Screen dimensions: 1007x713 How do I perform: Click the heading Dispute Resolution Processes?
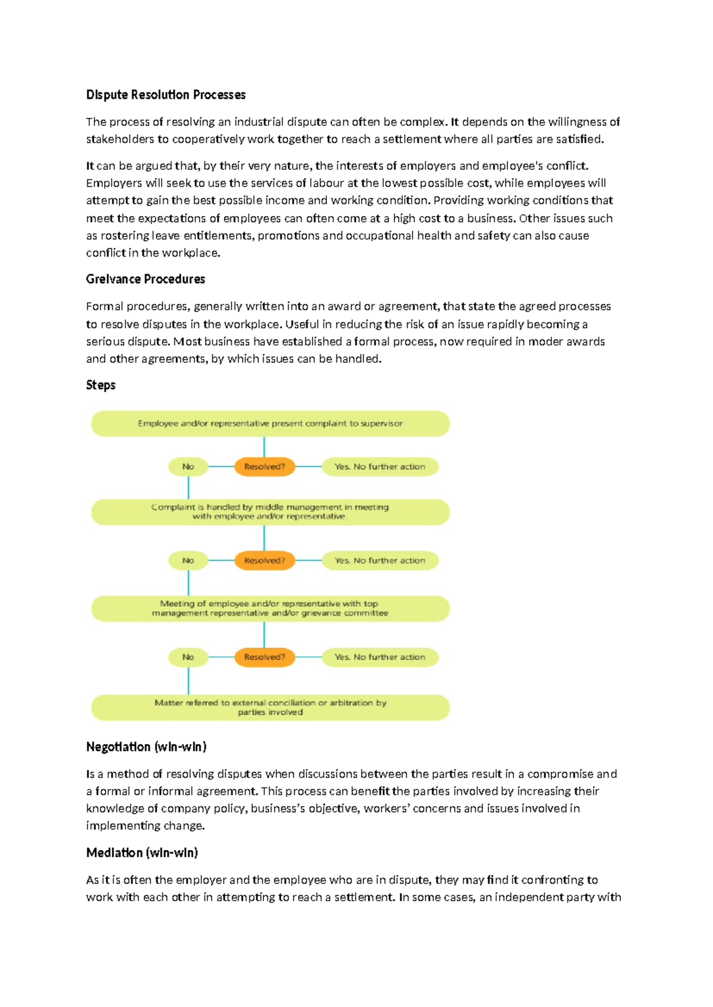(166, 95)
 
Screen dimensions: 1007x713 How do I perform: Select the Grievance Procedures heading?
(146, 279)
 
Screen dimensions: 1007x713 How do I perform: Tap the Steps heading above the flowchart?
(100, 385)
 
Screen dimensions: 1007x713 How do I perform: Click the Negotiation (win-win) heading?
(146, 747)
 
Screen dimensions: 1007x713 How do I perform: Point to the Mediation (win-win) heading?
(142, 853)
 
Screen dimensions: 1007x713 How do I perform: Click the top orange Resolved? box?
(264, 467)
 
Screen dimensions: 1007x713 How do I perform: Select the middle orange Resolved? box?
(264, 560)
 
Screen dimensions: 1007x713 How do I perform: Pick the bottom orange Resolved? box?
(264, 657)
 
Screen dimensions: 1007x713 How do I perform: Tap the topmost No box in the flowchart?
(188, 467)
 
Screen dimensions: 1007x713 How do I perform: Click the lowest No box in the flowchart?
(188, 657)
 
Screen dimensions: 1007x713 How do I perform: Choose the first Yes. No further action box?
(380, 467)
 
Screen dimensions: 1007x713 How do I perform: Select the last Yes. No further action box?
(380, 657)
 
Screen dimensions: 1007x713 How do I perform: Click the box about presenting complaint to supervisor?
(270, 424)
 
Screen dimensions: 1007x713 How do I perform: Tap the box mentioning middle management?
(270, 512)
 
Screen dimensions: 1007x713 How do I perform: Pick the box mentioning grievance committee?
(270, 609)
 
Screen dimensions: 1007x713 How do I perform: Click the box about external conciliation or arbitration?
(270, 707)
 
